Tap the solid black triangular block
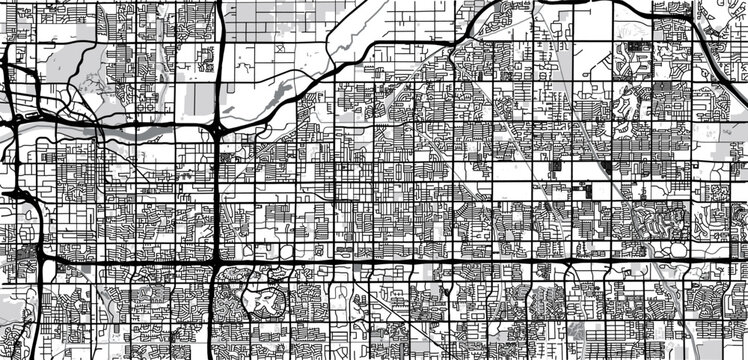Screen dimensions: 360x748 (x=607, y=168)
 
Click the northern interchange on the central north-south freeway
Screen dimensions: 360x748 (x=217, y=131)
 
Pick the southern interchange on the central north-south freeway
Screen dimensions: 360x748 (x=216, y=263)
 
